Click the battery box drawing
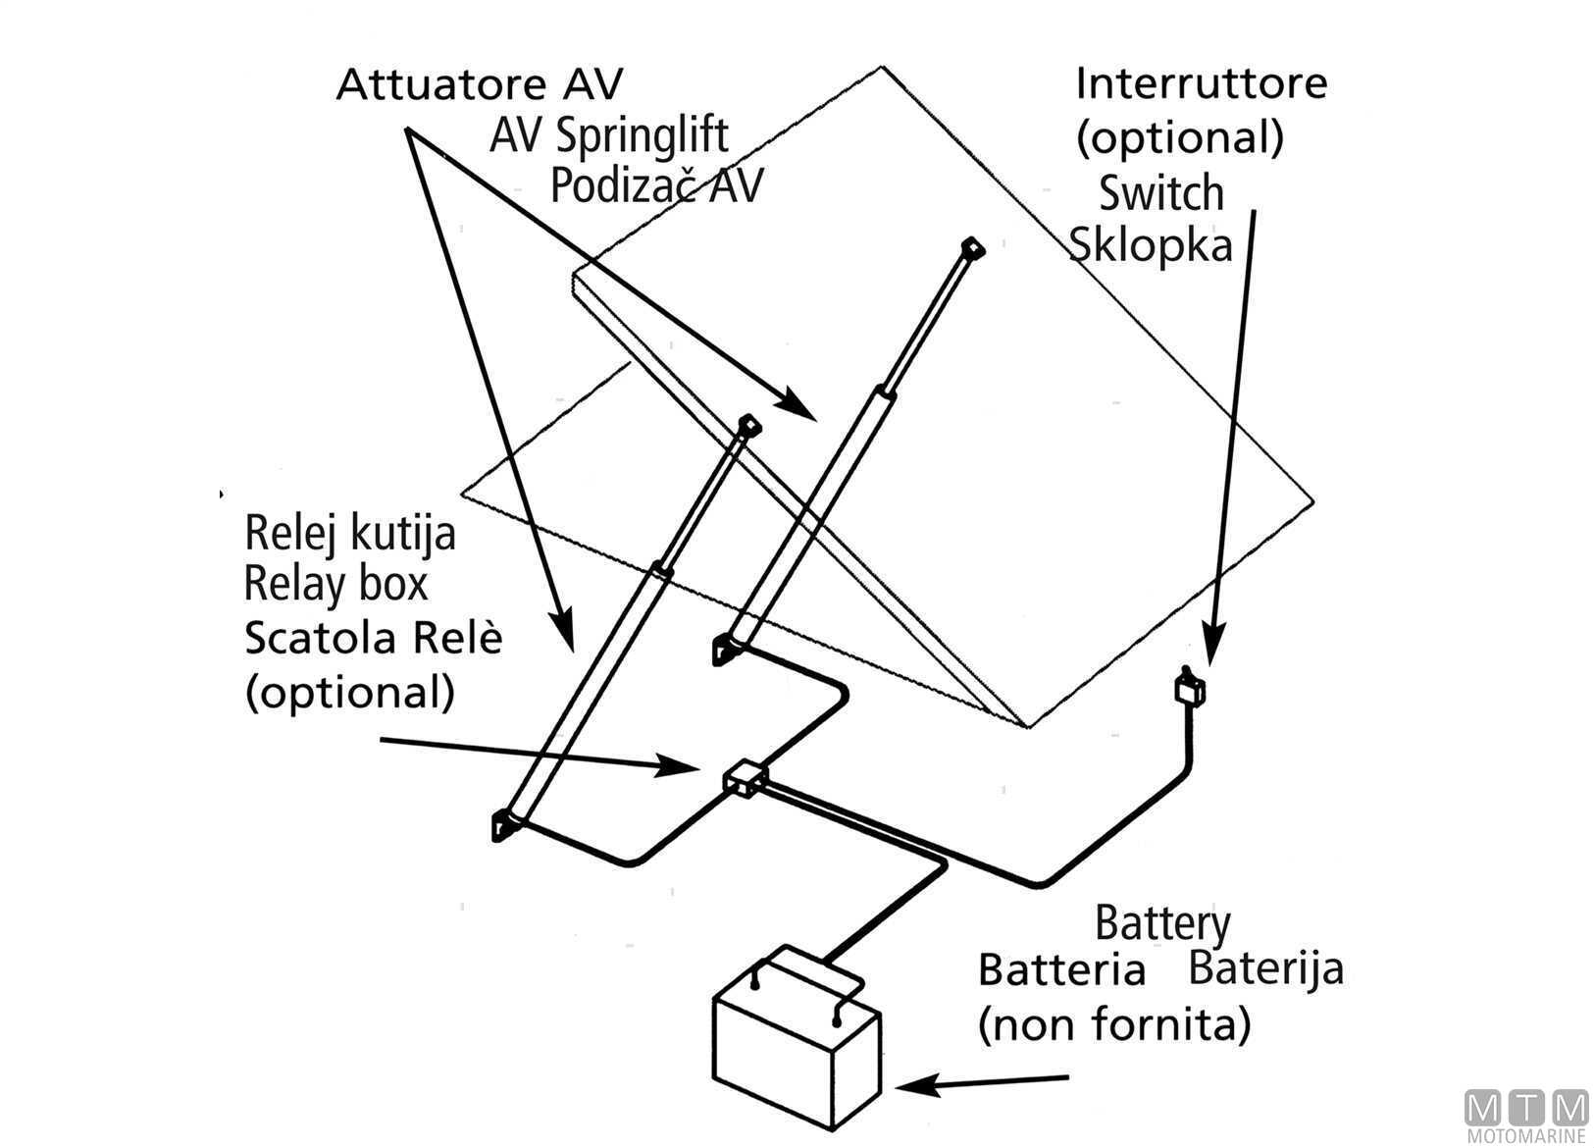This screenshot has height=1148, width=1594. coord(795,1040)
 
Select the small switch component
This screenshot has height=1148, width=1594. coord(1189,689)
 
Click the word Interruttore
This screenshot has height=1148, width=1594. coord(1201,83)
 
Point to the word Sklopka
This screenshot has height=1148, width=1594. coord(1150,244)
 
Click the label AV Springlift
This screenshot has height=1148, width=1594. coord(608,135)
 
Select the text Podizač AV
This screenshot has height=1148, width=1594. coord(655,185)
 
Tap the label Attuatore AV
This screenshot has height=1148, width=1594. coord(479,84)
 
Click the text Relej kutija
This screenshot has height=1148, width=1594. coord(350,533)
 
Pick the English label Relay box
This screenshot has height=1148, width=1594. coord(335,584)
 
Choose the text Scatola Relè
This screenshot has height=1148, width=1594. coord(373,638)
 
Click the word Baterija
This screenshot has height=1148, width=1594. coord(1265,969)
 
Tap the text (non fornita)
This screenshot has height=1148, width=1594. coord(1113,1026)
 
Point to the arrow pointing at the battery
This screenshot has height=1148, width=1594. coord(981,1083)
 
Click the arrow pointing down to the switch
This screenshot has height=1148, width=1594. coord(1231,442)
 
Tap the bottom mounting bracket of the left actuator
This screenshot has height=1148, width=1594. coord(506,825)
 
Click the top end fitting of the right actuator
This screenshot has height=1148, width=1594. coord(971,247)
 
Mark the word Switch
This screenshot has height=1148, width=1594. coord(1160,193)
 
